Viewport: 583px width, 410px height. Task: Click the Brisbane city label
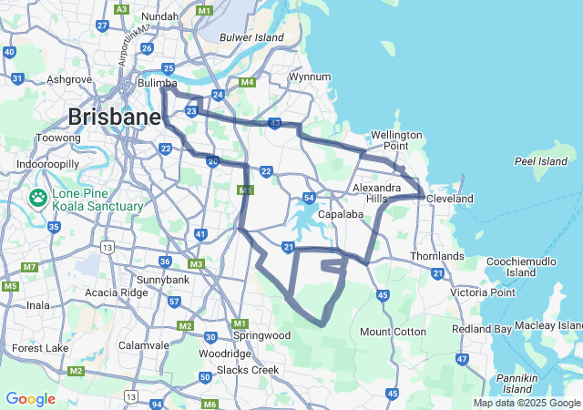point(114,118)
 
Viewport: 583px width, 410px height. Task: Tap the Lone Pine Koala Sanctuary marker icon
point(39,198)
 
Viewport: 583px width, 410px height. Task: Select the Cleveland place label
point(453,199)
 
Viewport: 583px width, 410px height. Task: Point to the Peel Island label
point(540,161)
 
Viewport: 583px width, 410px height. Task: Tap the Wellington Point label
point(396,140)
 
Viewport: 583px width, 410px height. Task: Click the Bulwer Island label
point(252,37)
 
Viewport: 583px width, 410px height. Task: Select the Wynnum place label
point(309,77)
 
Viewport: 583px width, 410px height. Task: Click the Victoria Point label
point(482,292)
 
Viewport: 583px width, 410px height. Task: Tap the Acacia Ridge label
point(115,293)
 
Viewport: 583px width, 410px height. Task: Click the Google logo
point(30,399)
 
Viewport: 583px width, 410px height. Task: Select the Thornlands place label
point(437,256)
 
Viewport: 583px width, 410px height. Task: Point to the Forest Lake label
point(40,348)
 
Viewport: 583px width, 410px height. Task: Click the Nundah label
point(159,16)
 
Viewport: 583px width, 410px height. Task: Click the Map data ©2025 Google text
point(527,403)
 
